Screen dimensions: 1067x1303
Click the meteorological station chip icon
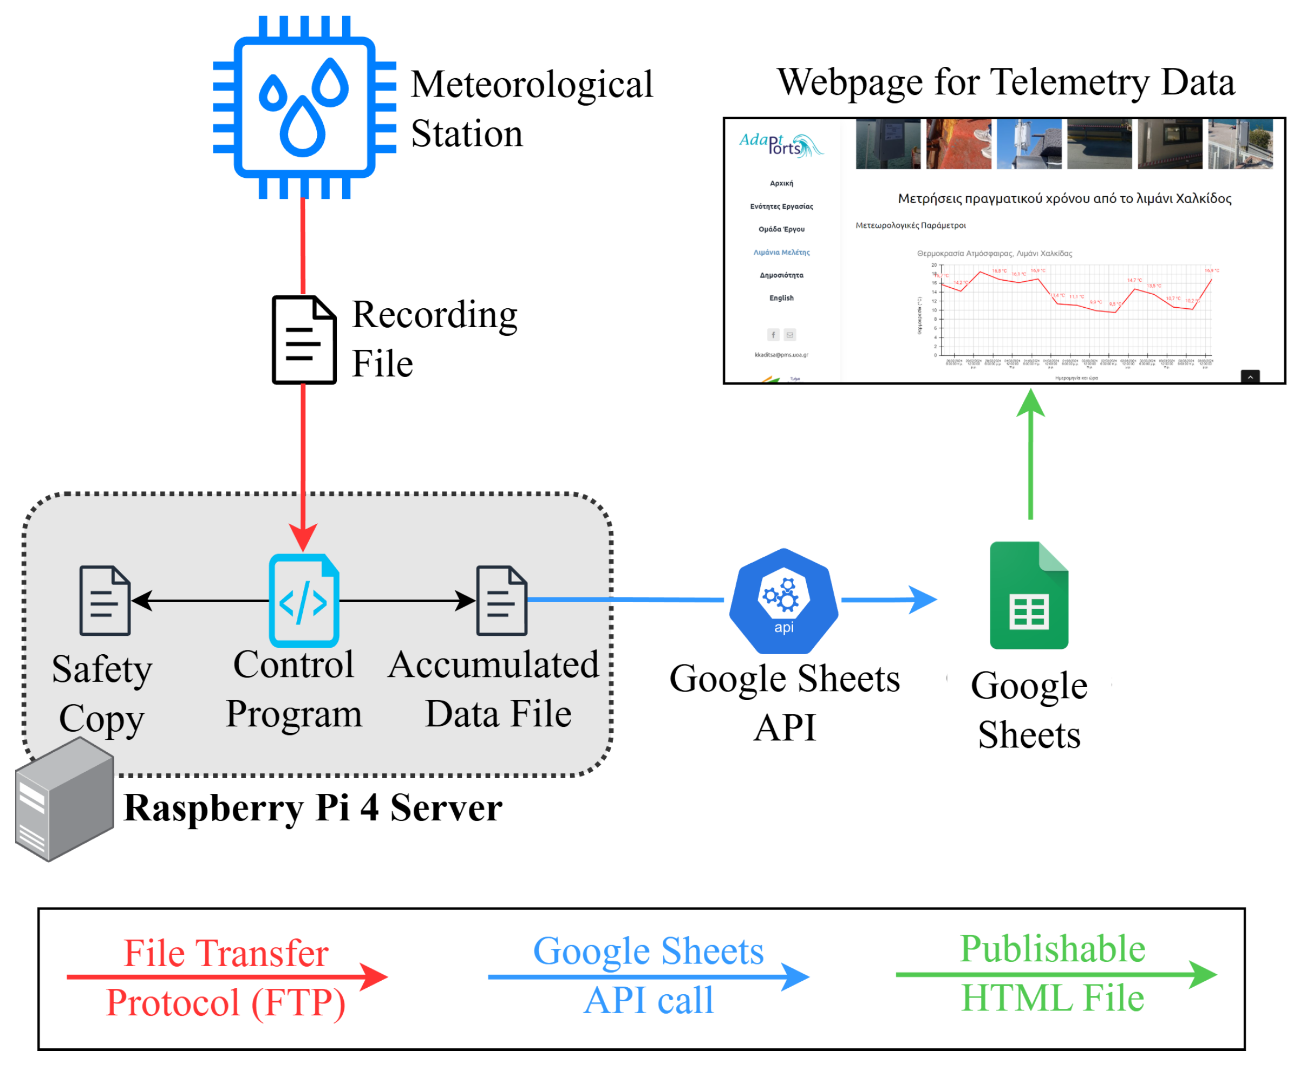point(304,108)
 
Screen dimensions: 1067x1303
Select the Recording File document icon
point(304,340)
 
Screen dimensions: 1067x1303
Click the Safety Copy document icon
point(105,600)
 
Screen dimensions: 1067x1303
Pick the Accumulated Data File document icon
point(502,600)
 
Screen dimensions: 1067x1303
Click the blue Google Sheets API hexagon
point(784,600)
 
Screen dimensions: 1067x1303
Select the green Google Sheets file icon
point(1029,595)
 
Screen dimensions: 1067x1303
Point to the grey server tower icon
point(65,799)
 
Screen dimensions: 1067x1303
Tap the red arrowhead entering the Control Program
point(303,537)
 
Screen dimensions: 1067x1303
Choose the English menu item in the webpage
point(781,298)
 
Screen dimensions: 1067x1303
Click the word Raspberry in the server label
point(213,808)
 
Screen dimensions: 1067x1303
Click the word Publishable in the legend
point(1053,948)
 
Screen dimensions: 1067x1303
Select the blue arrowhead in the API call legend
point(795,976)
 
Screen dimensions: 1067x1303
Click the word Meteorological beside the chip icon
point(532,84)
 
